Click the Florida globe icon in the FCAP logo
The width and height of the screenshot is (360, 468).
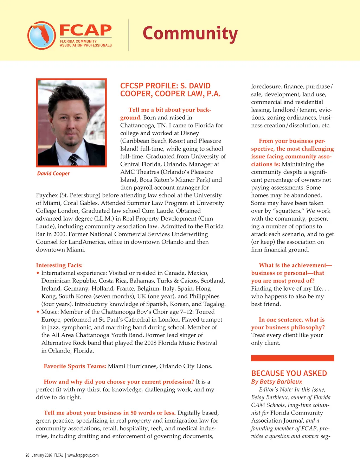tap(41, 35)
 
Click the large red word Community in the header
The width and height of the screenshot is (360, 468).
tap(190, 34)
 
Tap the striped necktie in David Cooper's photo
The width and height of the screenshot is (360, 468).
tap(73, 159)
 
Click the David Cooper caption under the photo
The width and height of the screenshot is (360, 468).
tap(53, 173)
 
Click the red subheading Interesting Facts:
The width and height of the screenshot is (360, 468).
tap(59, 265)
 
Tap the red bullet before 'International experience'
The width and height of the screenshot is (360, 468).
tap(38, 273)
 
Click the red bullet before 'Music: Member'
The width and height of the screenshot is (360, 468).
tap(38, 312)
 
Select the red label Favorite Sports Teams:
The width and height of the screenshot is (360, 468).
tap(75, 366)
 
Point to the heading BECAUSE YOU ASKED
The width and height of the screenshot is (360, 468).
tap(289, 373)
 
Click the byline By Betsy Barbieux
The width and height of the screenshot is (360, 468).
tap(276, 381)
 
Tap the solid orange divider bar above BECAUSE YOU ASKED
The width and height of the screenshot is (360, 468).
tap(292, 358)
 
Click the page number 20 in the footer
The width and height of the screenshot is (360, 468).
tap(27, 455)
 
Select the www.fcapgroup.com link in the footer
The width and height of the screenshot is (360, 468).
tap(83, 455)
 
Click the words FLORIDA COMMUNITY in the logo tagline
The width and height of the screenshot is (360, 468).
tap(78, 41)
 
